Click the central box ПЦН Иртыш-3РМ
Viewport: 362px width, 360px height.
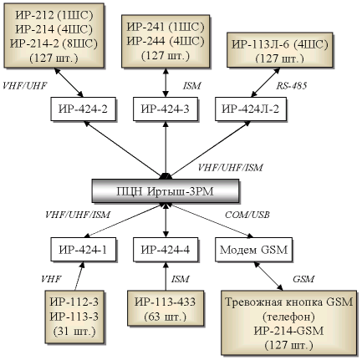pyautogui.click(x=166, y=191)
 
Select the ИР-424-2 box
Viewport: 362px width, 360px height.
pyautogui.click(x=83, y=109)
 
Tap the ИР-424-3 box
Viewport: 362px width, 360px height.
pyautogui.click(x=166, y=109)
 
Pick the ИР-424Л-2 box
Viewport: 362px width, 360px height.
pyautogui.click(x=251, y=109)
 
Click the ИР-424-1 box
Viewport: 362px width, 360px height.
pyautogui.click(x=83, y=250)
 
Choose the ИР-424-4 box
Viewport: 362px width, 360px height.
pyautogui.click(x=166, y=250)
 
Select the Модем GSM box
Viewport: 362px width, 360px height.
pyautogui.click(x=253, y=250)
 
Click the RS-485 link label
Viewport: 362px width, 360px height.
pyautogui.click(x=292, y=86)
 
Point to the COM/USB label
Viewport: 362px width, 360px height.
pyautogui.click(x=247, y=215)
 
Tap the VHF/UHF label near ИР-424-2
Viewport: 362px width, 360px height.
pyautogui.click(x=24, y=86)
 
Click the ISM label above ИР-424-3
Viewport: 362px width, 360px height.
pyautogui.click(x=191, y=86)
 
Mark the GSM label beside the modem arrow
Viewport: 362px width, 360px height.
pyautogui.click(x=303, y=279)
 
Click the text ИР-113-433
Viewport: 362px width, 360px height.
pyautogui.click(x=165, y=302)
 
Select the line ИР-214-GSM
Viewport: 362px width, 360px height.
pyautogui.click(x=288, y=331)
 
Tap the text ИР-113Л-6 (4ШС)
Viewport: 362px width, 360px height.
pyautogui.click(x=280, y=44)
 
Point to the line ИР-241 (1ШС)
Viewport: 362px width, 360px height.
pyautogui.click(x=166, y=27)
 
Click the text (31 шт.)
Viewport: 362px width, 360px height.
pyautogui.click(x=74, y=331)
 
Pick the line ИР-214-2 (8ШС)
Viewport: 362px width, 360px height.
pyautogui.click(x=54, y=43)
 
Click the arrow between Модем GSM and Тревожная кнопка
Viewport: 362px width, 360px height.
pyautogui.click(x=268, y=276)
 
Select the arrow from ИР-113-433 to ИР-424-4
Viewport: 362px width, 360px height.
pyautogui.click(x=166, y=276)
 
